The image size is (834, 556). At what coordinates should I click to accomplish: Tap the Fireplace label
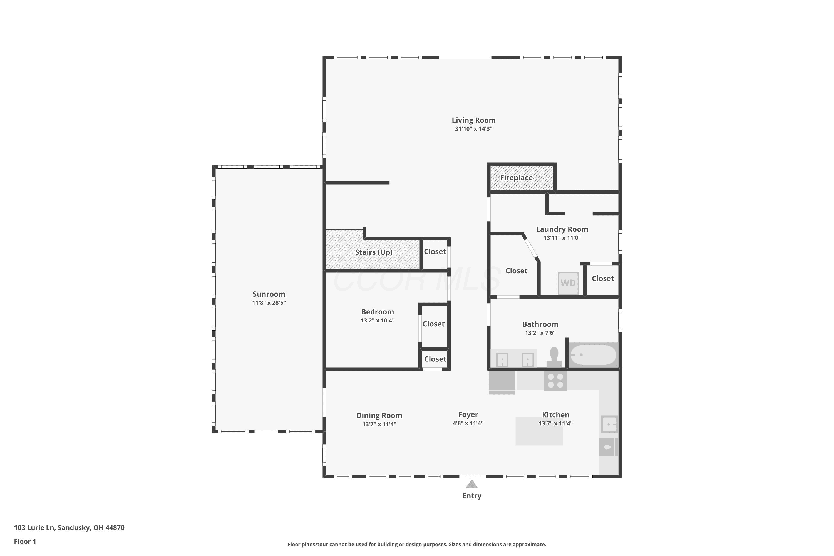pos(516,178)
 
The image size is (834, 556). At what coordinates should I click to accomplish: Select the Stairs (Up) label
pos(374,252)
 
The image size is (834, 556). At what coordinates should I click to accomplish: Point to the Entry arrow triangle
pos(471,484)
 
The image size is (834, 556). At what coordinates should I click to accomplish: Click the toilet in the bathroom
pos(554,357)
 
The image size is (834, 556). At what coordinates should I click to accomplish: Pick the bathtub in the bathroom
pos(593,355)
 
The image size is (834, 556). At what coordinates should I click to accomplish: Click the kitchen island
pos(539,431)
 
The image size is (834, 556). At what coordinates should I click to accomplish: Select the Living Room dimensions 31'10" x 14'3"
pos(474,129)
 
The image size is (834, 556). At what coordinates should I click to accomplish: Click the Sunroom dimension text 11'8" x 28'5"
pos(269,302)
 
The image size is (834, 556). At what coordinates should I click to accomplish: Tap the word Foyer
pos(468,414)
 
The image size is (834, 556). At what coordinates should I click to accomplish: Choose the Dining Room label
pos(379,416)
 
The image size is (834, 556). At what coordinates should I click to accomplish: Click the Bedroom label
pos(377,312)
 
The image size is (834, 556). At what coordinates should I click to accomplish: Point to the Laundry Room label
pos(562,229)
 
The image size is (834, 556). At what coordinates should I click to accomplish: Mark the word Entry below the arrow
pos(471,496)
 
